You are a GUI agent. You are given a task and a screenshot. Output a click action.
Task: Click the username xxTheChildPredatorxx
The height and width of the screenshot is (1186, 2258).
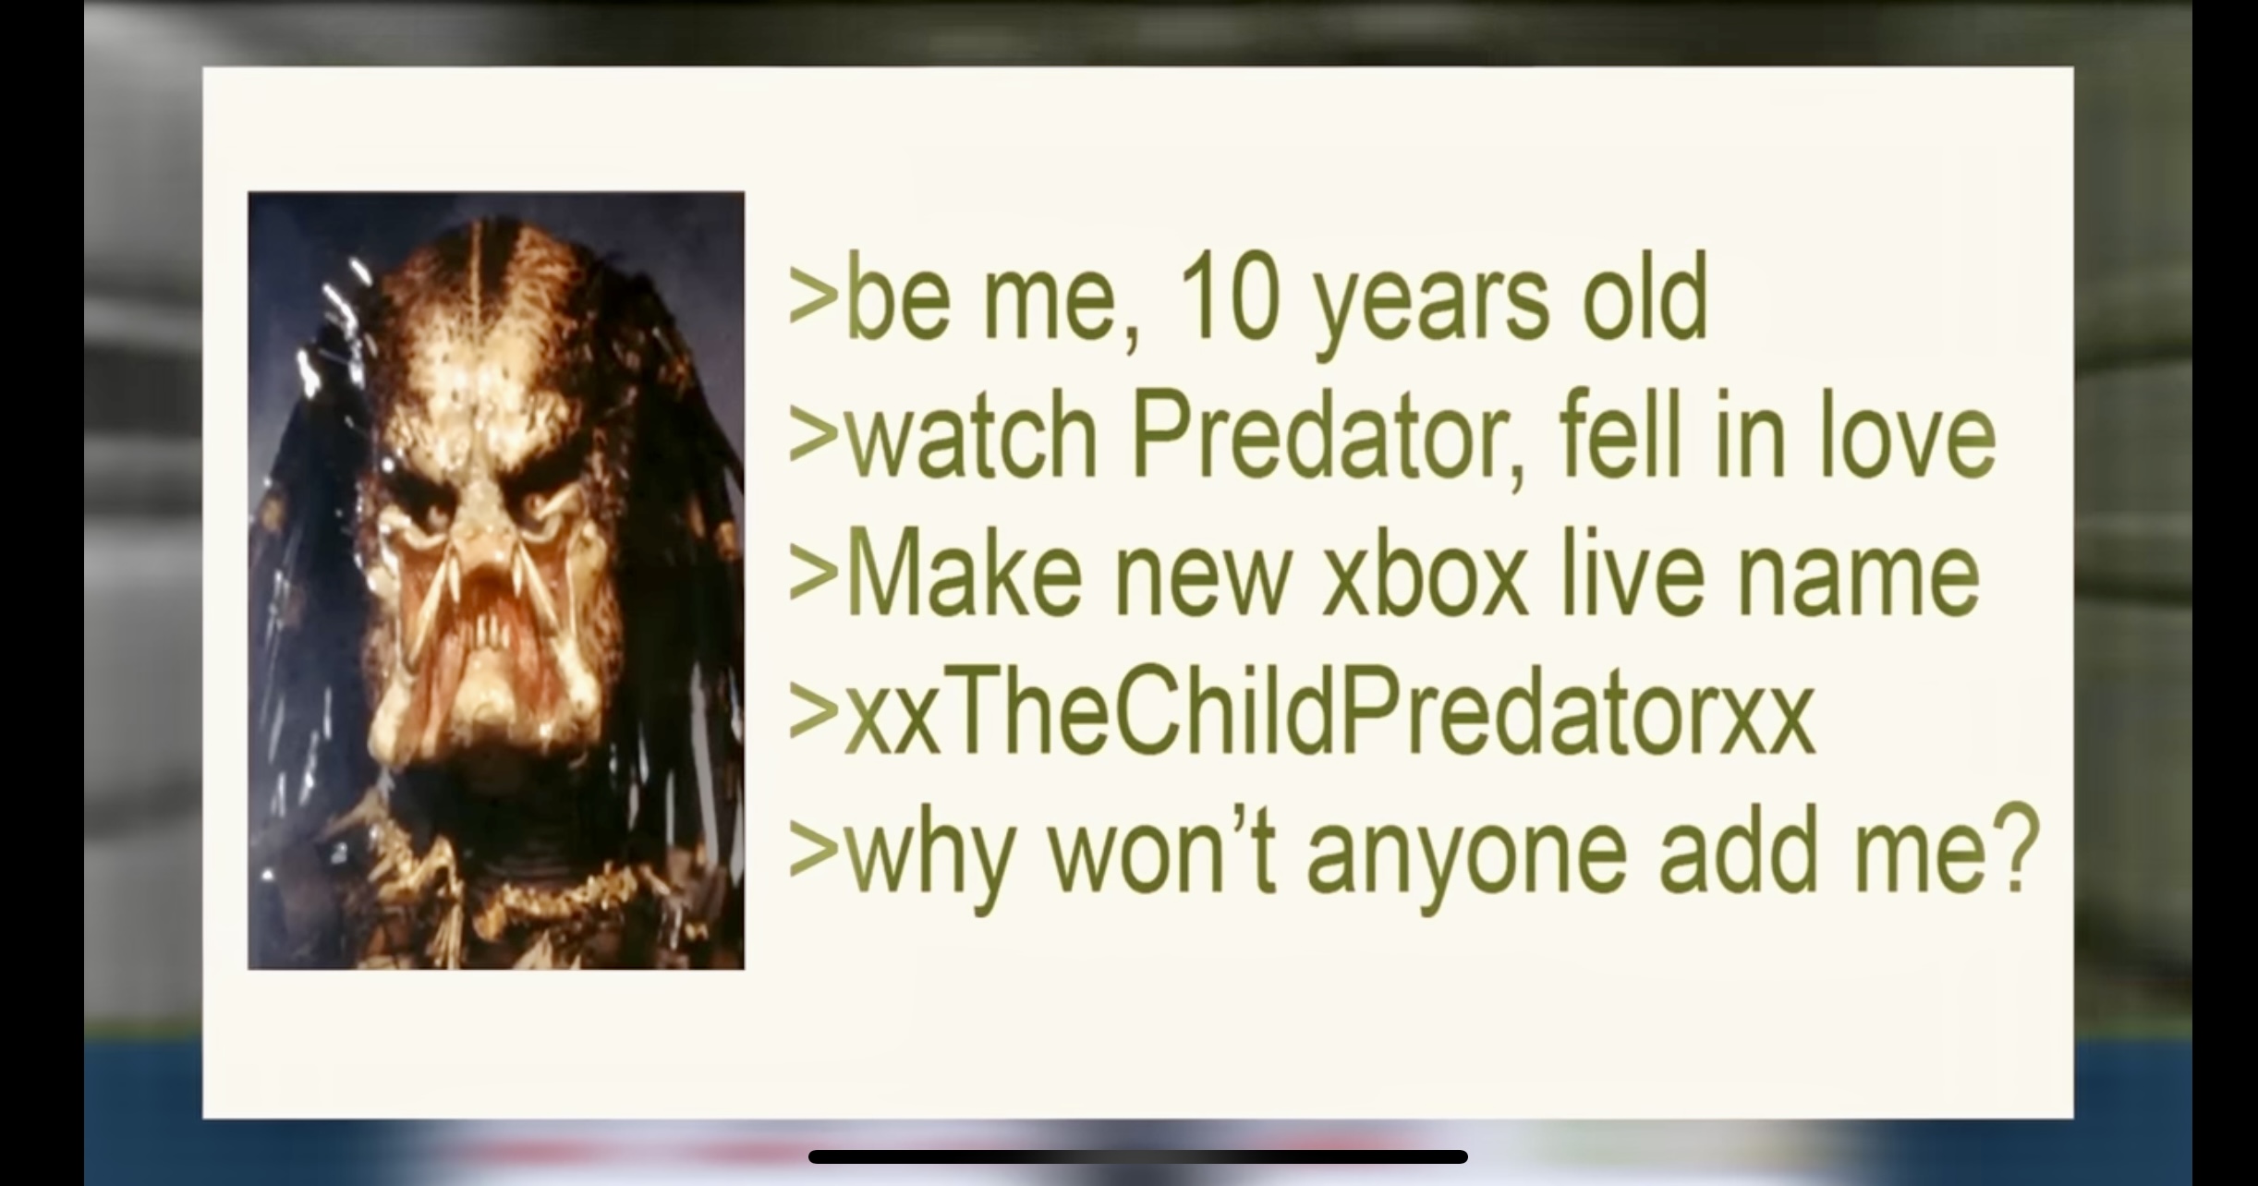tap(1329, 711)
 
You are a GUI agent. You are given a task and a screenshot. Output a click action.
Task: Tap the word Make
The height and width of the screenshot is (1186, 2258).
tap(965, 574)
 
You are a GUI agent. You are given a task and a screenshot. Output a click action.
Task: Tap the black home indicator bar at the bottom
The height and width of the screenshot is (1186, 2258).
tap(1137, 1156)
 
